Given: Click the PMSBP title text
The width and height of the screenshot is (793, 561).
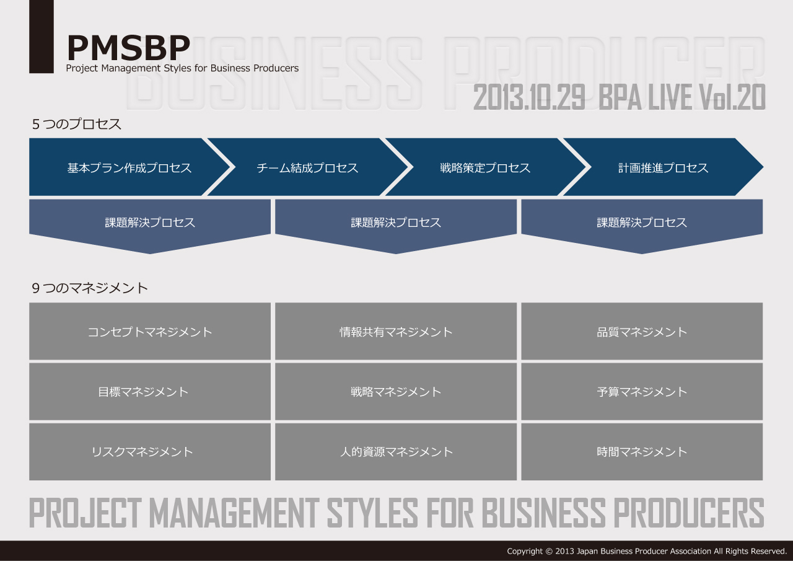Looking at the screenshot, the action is (x=128, y=48).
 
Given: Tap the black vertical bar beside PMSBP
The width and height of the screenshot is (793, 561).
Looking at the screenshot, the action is (x=42, y=37).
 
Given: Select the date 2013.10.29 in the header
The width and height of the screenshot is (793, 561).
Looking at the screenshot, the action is (x=529, y=97).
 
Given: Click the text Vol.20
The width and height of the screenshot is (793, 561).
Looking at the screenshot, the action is (x=732, y=97).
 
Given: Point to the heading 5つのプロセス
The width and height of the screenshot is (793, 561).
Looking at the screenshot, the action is (x=76, y=124).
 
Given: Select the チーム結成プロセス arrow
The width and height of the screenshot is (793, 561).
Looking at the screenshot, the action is (x=307, y=167).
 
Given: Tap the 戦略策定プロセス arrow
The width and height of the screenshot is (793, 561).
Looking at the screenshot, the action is (x=485, y=167).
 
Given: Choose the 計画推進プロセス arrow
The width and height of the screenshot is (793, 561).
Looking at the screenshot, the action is (x=663, y=167).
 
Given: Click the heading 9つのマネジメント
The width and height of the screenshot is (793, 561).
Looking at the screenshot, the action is (x=90, y=288).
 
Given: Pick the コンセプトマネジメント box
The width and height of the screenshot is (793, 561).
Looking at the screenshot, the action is (x=150, y=331).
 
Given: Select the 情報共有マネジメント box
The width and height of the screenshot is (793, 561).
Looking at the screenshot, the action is (x=396, y=331).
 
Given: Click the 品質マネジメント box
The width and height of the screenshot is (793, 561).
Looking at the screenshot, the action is (x=642, y=331).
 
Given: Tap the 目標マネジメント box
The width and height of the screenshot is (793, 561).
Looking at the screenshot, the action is (x=150, y=391).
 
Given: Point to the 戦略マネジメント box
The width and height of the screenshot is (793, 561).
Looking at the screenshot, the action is (x=396, y=391).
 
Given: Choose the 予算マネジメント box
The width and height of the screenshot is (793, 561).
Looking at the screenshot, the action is (x=642, y=391).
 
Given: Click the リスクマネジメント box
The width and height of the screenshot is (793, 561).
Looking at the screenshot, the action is (x=150, y=451).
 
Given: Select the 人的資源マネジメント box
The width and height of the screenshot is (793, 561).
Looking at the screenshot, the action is (x=396, y=451).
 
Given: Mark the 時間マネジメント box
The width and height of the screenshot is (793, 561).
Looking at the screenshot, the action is (x=642, y=451).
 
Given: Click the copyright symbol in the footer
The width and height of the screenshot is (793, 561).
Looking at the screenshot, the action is (x=549, y=551).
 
